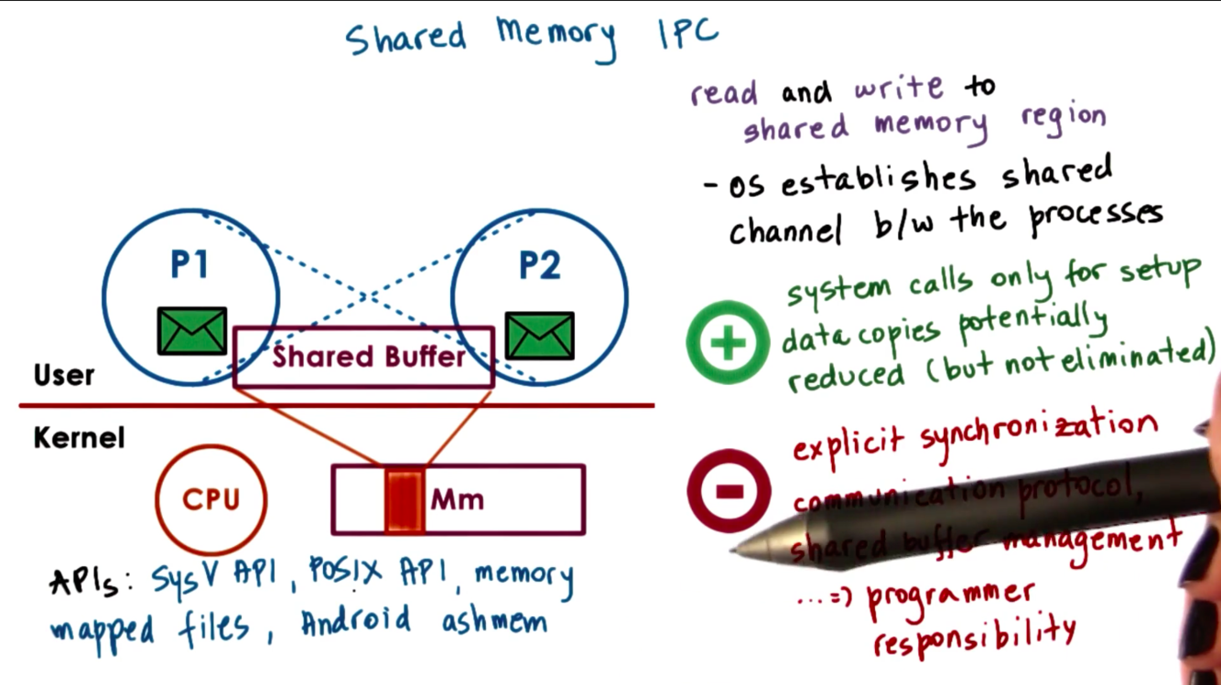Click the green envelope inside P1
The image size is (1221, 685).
tap(192, 331)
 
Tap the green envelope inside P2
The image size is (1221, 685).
tap(540, 336)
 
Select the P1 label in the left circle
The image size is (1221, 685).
tap(189, 264)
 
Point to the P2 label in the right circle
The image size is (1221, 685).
tap(540, 265)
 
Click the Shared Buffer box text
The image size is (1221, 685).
tap(368, 357)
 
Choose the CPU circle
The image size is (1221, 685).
tap(211, 499)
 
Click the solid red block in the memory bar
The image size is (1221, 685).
tap(404, 500)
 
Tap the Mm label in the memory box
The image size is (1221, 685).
tap(457, 500)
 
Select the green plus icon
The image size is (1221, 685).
tap(729, 342)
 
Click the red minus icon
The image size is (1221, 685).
tap(729, 491)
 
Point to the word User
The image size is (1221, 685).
tap(64, 375)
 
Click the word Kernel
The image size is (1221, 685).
tap(79, 437)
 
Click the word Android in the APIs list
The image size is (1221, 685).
tap(356, 622)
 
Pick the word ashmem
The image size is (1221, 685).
tap(494, 622)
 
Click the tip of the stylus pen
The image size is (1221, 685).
tap(735, 550)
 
